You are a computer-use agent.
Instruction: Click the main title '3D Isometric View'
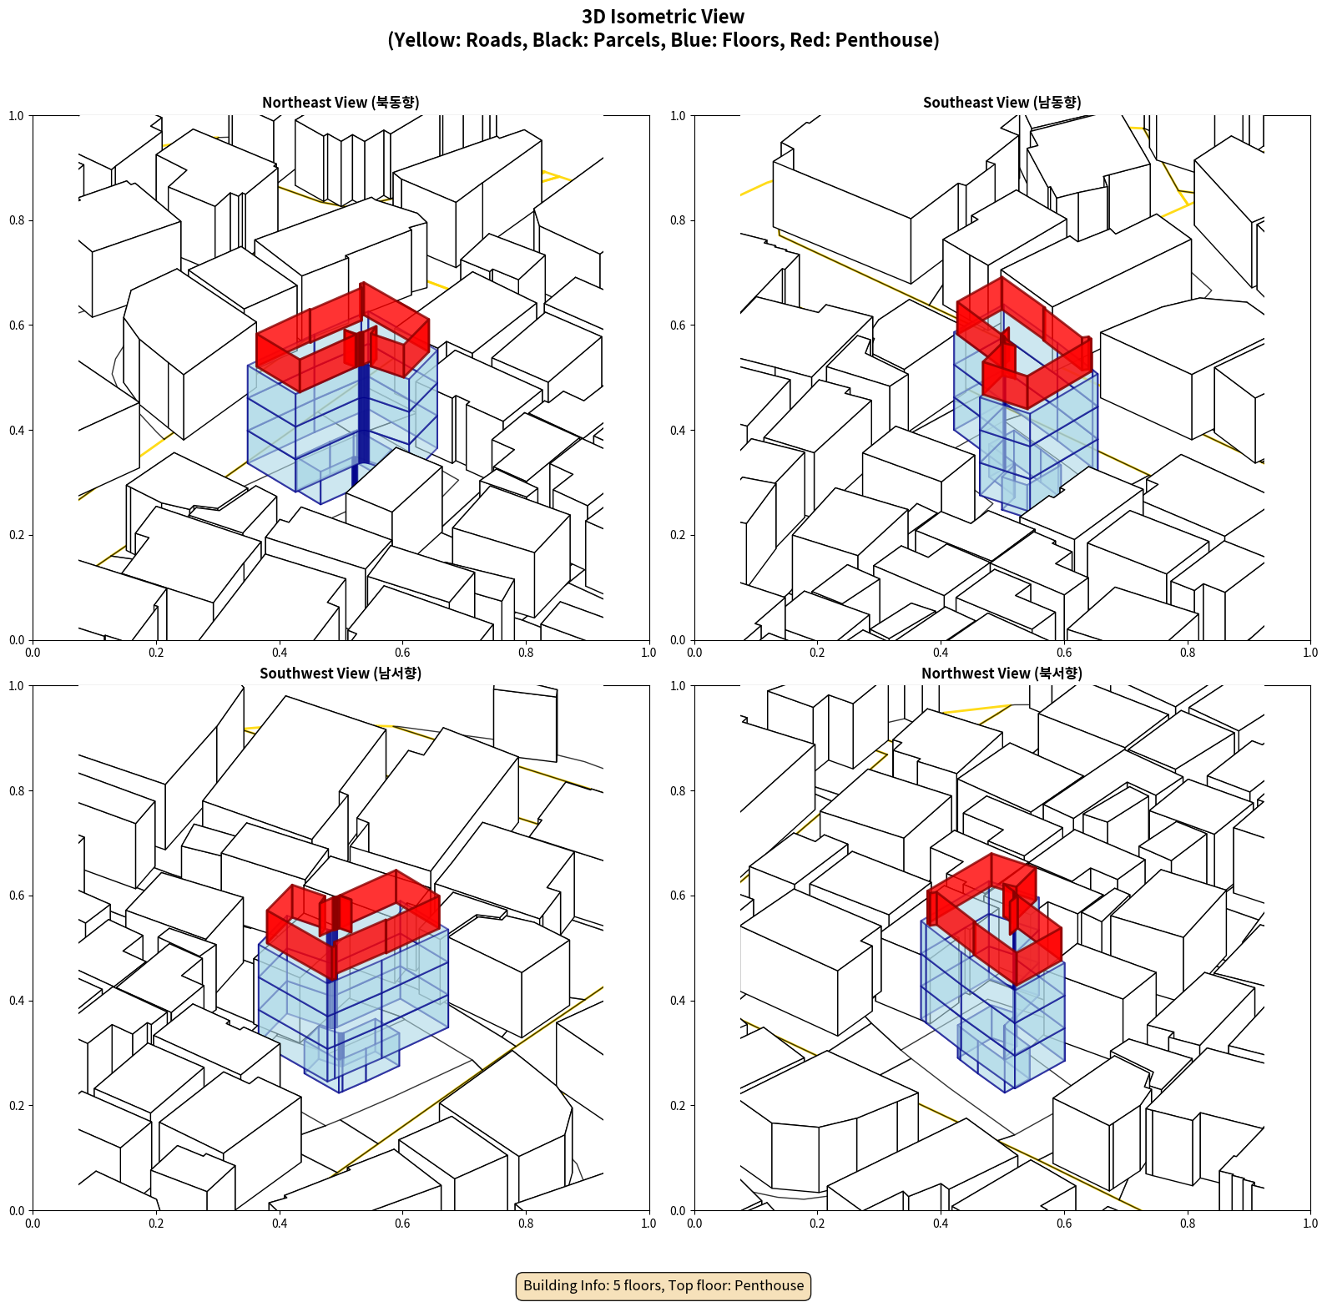tap(663, 17)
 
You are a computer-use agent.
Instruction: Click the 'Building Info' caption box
tap(663, 1285)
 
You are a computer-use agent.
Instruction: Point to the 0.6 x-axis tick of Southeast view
tap(1064, 653)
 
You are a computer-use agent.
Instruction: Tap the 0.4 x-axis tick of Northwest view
tap(941, 1224)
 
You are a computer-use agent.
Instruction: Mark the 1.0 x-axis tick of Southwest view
tap(648, 1224)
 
